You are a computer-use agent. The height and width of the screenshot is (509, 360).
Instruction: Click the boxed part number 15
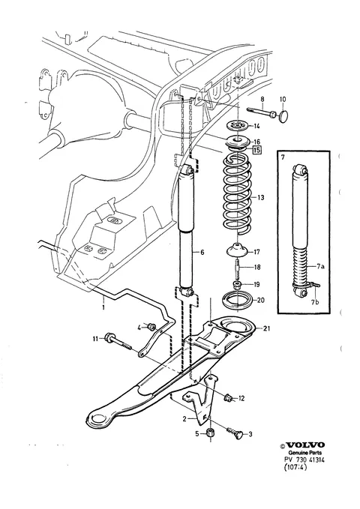tap(256, 150)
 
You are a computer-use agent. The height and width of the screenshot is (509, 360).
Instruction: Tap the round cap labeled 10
tap(283, 115)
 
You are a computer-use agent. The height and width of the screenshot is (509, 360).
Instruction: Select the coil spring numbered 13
tap(238, 193)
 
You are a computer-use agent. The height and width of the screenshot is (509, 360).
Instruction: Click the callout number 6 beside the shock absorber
tap(202, 252)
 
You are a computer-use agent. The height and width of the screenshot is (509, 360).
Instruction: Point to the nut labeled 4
tap(151, 327)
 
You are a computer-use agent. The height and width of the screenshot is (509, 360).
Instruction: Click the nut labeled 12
tap(228, 397)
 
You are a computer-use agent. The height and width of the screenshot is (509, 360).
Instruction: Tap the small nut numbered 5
tap(210, 433)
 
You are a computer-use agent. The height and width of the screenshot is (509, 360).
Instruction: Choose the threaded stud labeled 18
tap(237, 267)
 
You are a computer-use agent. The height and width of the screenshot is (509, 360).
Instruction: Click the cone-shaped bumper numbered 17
tap(238, 250)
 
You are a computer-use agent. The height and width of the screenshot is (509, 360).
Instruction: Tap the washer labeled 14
tap(238, 125)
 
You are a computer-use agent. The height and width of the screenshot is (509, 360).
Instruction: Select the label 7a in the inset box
tap(321, 267)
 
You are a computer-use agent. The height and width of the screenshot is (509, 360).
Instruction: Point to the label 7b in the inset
tap(314, 303)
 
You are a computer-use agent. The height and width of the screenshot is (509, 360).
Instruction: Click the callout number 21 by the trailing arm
tap(266, 328)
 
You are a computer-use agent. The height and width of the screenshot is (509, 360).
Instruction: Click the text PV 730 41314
tap(304, 460)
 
